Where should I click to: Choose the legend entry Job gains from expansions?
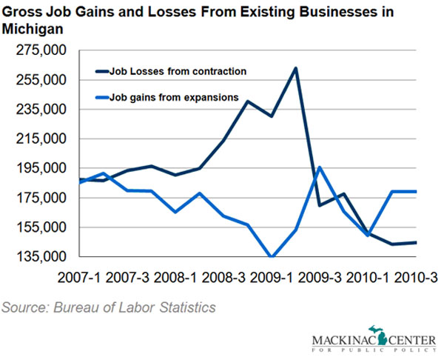tap(173, 96)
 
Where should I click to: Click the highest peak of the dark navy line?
tap(296, 68)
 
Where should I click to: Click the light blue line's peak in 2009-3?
tap(319, 167)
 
